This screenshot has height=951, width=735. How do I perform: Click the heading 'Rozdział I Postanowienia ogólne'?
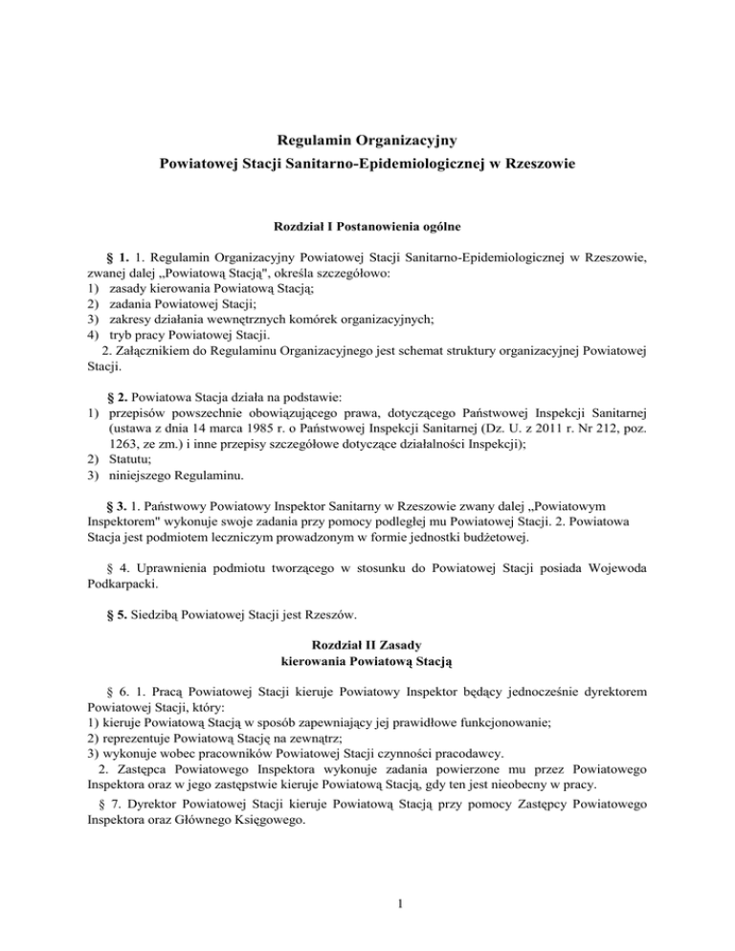click(367, 227)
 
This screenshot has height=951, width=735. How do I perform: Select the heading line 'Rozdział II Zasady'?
click(367, 644)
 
